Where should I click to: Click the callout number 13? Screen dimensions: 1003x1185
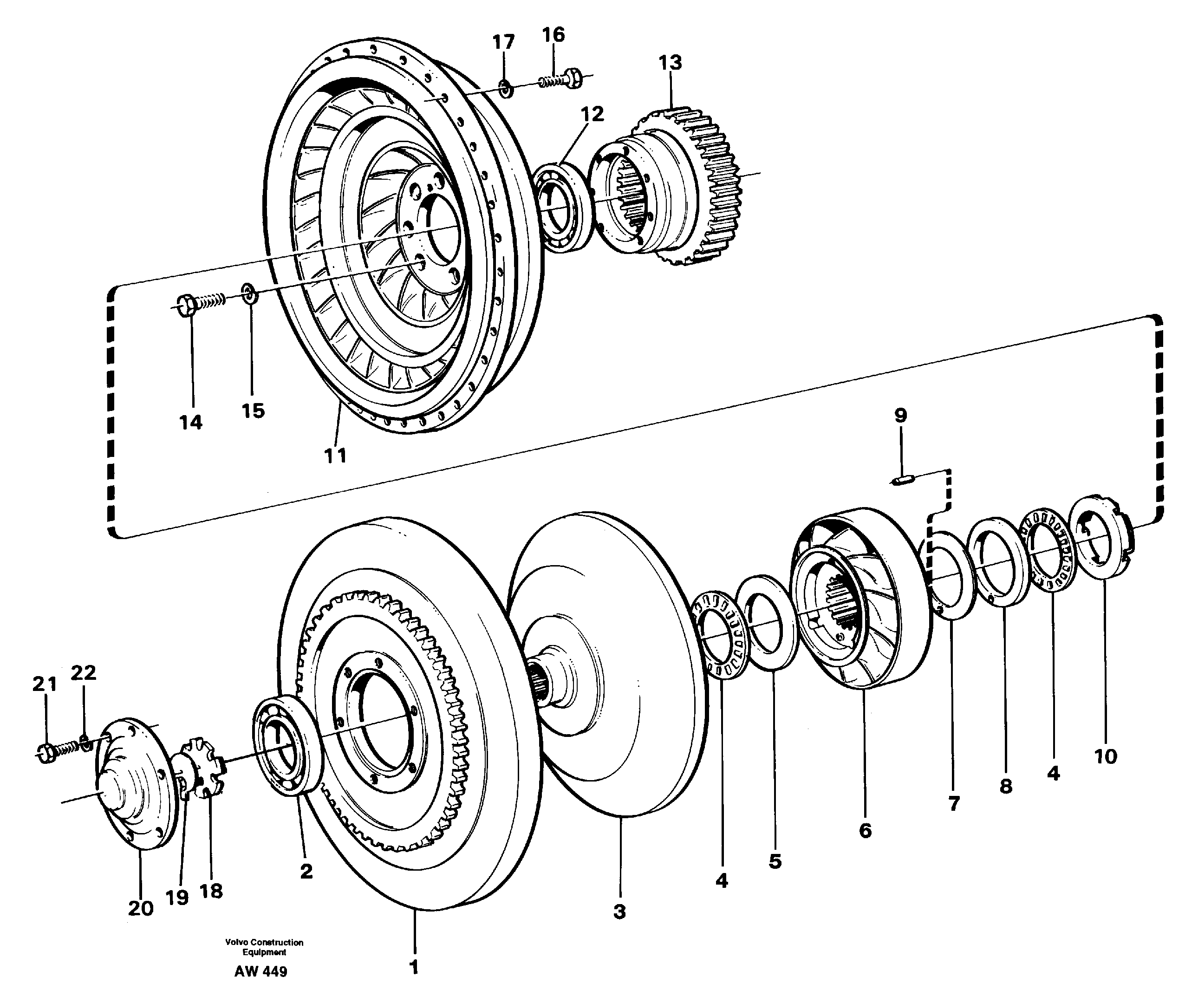(670, 63)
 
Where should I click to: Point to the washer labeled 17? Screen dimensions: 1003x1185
(504, 88)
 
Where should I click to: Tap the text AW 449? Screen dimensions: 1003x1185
(260, 972)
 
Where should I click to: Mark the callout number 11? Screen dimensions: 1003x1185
(335, 456)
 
